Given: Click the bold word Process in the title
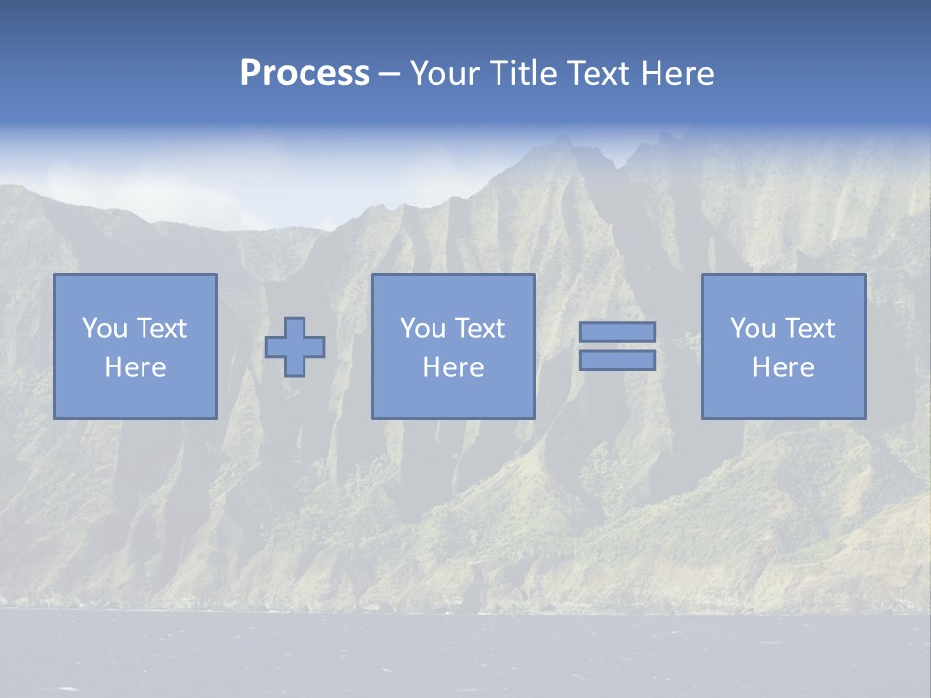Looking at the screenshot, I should tap(305, 74).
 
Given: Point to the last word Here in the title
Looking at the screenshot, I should tap(678, 74).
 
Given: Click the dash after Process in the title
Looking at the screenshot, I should tap(389, 75).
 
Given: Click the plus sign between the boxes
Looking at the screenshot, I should tap(295, 347).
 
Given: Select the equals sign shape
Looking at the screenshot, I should tap(617, 346).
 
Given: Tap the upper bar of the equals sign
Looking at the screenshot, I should tap(617, 333).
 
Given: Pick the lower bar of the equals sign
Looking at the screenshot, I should tap(617, 360).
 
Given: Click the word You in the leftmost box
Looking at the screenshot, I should tap(104, 329).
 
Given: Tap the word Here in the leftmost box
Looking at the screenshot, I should tap(136, 367).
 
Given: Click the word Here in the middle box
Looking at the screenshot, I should tap(454, 367).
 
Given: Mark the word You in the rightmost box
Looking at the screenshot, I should tap(752, 329).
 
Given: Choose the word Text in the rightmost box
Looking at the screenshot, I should tap(810, 329).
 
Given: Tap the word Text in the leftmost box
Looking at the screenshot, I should tap(162, 329).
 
